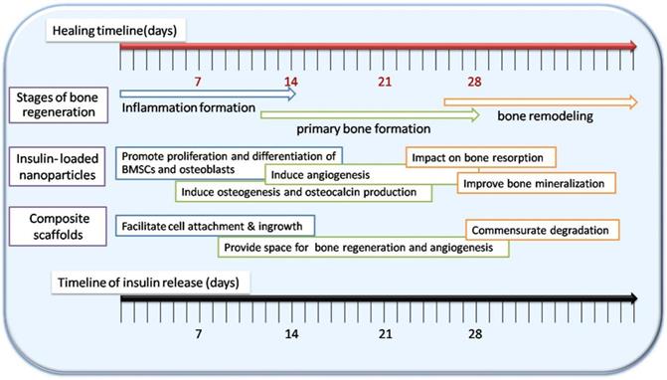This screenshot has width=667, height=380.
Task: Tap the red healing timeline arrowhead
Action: [631, 46]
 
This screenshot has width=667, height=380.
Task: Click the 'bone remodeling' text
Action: [546, 115]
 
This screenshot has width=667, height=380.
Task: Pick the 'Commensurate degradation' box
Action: [544, 230]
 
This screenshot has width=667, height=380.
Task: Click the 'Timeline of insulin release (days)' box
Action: [154, 283]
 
